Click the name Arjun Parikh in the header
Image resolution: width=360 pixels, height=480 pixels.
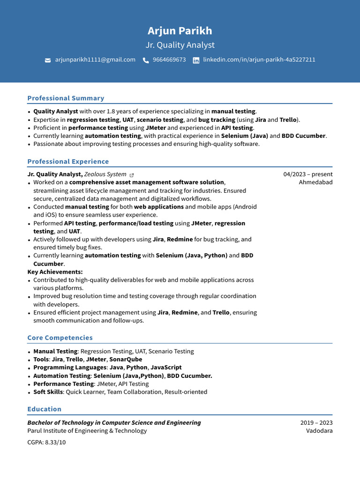click(x=180, y=31)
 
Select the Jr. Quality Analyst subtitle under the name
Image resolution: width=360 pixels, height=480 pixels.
click(x=180, y=45)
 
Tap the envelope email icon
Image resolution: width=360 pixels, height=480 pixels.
click(x=48, y=60)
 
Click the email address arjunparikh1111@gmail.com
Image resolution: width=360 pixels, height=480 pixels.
click(x=95, y=60)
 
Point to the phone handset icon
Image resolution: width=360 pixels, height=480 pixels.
click(x=146, y=60)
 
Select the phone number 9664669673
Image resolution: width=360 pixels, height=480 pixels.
click(x=169, y=60)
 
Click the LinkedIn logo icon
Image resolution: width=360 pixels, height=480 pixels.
click(x=196, y=60)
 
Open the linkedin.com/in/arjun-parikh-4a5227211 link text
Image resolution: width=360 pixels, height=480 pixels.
click(x=259, y=60)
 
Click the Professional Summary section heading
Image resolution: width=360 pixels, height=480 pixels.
click(x=66, y=98)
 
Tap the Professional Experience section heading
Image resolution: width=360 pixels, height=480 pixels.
click(x=68, y=161)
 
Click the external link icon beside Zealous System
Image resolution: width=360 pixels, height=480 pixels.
click(x=132, y=175)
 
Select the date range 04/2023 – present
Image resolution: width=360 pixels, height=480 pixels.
click(x=308, y=174)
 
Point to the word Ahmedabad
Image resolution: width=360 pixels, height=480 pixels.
click(x=315, y=182)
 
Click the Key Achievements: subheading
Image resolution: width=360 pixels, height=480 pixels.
click(x=55, y=272)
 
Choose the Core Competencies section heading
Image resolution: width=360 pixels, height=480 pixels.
click(x=60, y=337)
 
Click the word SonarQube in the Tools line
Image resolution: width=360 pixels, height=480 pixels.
click(x=126, y=360)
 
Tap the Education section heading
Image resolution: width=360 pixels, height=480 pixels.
click(x=44, y=409)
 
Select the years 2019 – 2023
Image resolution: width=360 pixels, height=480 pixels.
click(x=316, y=422)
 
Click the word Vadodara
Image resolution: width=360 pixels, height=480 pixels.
click(x=319, y=431)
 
